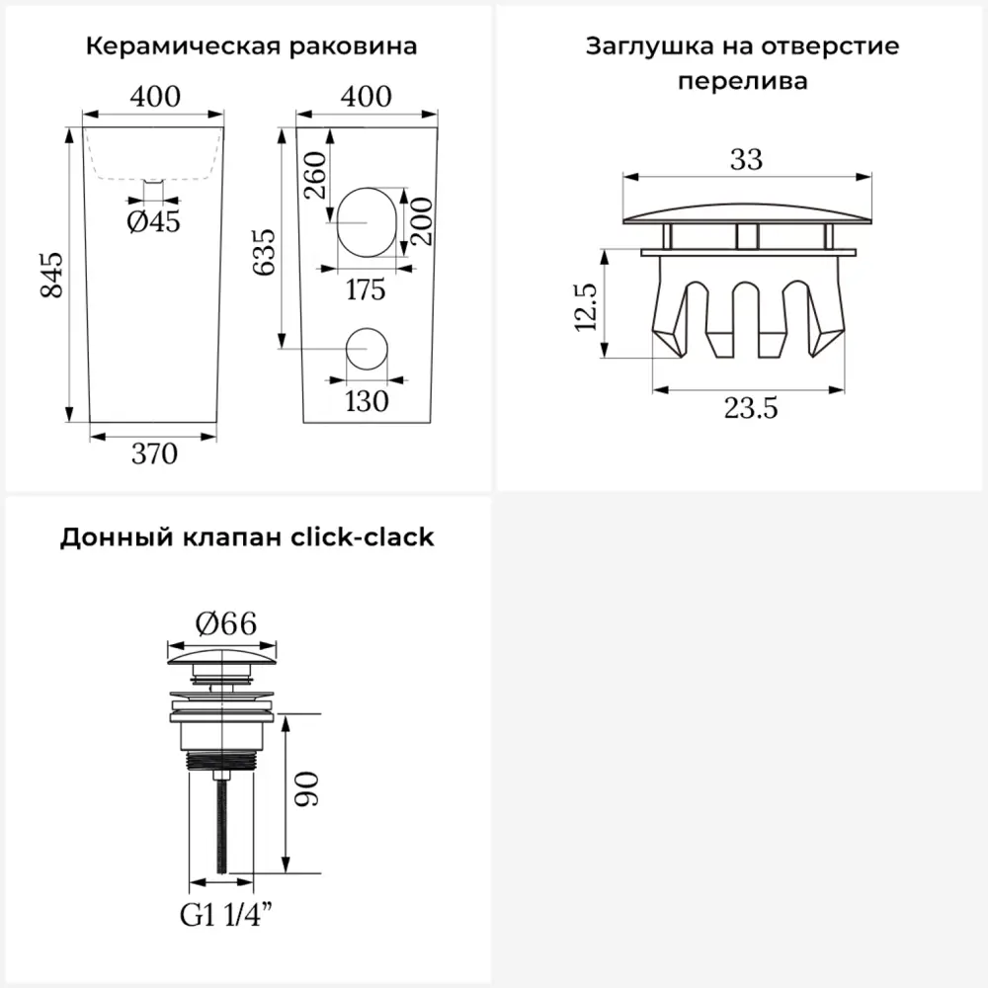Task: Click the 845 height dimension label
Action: [51, 275]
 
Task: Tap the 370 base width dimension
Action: [154, 453]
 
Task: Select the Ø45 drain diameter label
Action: [153, 221]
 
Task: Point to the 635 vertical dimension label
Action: [264, 252]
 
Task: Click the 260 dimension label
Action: [315, 175]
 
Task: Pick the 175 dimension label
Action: [366, 289]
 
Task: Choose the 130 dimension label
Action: [367, 401]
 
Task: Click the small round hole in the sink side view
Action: [367, 349]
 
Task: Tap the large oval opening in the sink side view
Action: [367, 222]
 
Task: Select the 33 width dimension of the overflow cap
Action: [747, 159]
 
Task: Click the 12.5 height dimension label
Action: [585, 307]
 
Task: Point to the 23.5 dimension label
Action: [751, 408]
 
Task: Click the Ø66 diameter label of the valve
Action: [225, 623]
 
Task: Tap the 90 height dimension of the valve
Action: [307, 788]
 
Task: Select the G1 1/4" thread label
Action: [226, 915]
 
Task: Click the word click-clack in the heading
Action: [363, 537]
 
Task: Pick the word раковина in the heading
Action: [353, 47]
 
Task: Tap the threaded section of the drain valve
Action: [221, 761]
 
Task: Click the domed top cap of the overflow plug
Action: [747, 214]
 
